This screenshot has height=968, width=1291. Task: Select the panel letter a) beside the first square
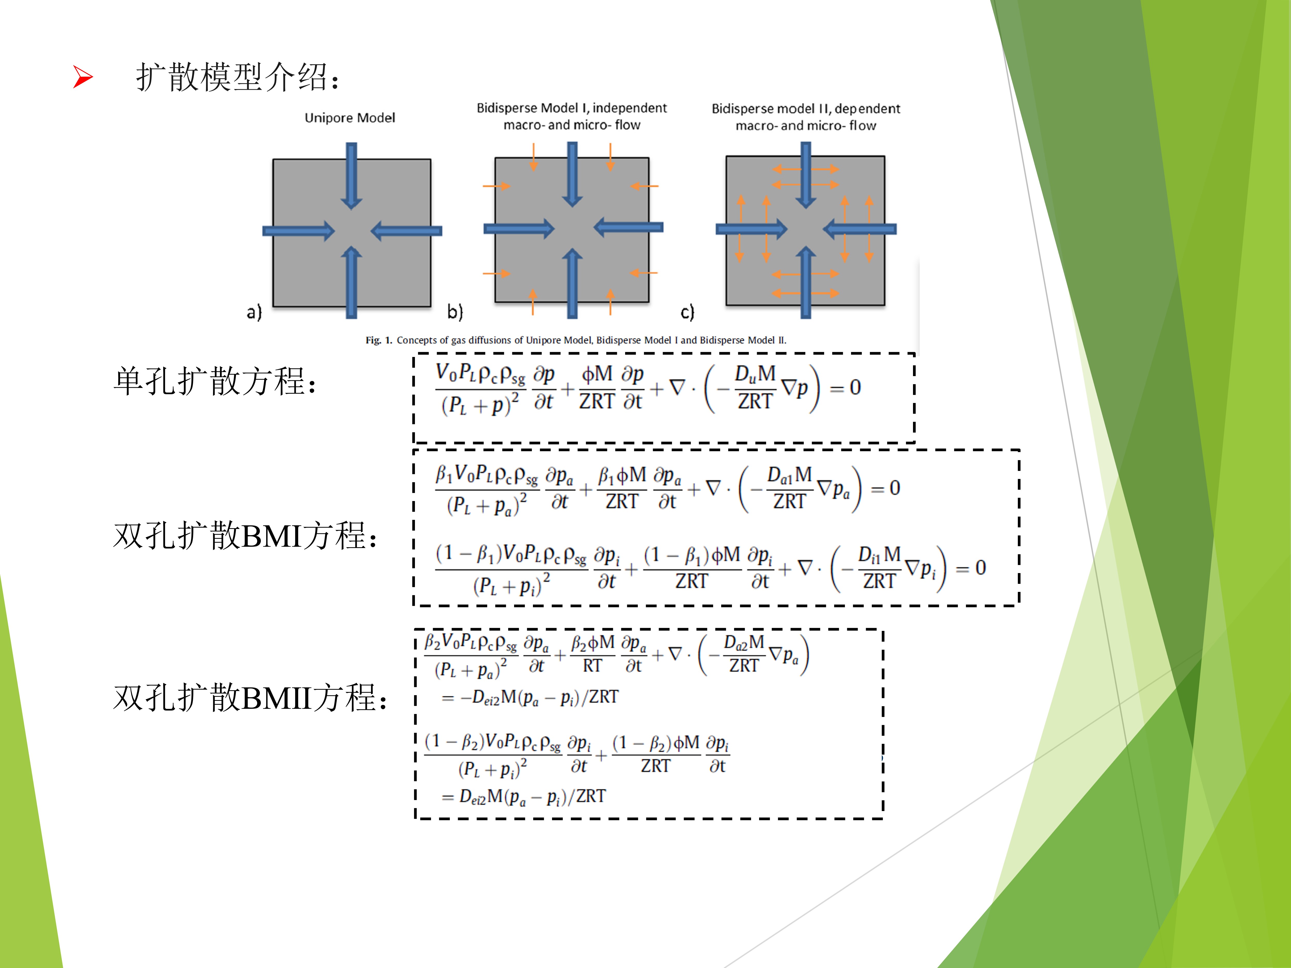point(254,312)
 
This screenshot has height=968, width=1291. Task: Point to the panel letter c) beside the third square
point(688,312)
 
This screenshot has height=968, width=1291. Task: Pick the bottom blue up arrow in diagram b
point(572,283)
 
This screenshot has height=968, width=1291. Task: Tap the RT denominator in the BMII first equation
point(592,666)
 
